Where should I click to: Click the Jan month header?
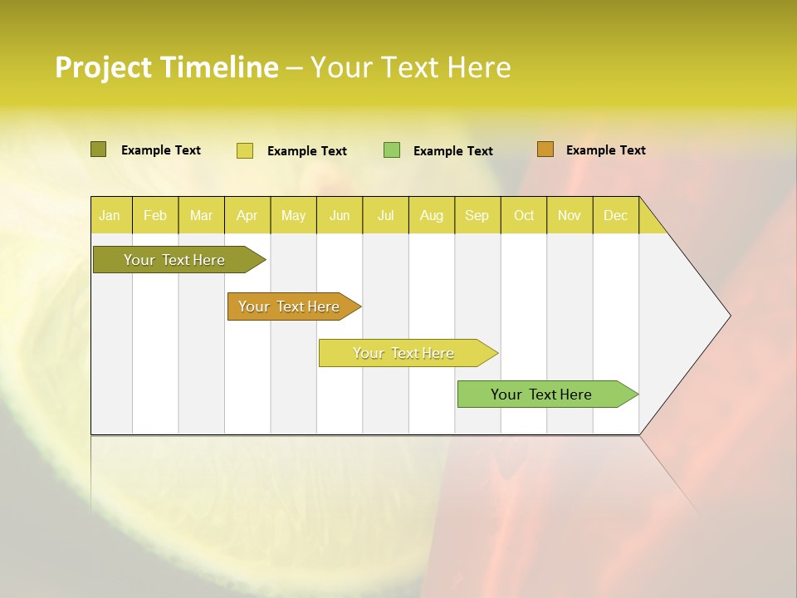click(x=110, y=215)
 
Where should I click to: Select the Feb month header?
click(x=155, y=215)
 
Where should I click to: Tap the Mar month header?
click(x=201, y=215)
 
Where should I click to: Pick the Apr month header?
click(x=247, y=215)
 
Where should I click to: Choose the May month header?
click(x=293, y=215)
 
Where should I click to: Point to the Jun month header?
click(x=340, y=215)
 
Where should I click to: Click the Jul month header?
click(x=385, y=215)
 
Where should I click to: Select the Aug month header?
click(x=432, y=215)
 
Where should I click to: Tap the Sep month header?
click(x=477, y=215)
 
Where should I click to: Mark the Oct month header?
click(x=524, y=215)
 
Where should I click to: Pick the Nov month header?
click(x=570, y=215)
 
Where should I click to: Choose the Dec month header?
click(x=615, y=215)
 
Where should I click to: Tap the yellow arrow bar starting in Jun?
click(x=404, y=353)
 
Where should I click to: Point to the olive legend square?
click(x=98, y=149)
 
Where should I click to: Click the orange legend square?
click(x=545, y=149)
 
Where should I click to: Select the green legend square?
click(x=392, y=150)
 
